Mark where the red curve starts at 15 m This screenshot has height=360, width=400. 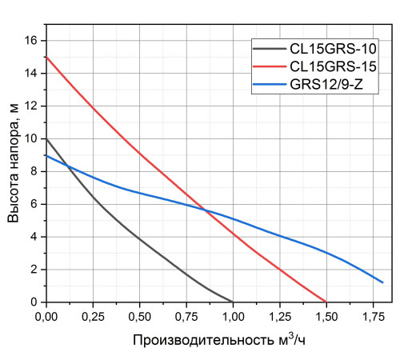click(46, 57)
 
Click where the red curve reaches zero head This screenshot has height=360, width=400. click(326, 302)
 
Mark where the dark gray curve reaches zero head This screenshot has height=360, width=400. click(233, 302)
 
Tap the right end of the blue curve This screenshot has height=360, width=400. click(382, 282)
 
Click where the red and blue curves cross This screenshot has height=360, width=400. click(204, 210)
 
